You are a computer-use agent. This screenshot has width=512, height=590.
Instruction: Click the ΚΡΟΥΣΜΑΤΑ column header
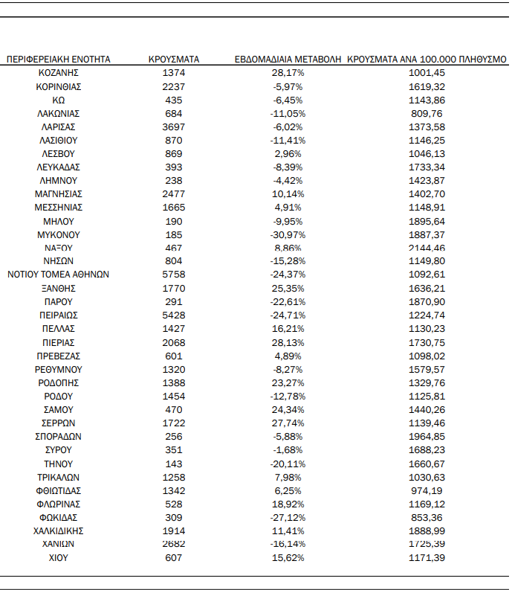[x=173, y=59]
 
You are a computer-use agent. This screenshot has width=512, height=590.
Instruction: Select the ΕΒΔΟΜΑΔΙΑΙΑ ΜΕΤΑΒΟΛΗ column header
[x=288, y=59]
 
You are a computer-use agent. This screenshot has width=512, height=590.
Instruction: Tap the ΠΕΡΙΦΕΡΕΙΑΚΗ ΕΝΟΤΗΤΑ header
[x=59, y=59]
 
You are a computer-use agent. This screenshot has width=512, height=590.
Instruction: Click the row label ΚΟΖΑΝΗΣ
[x=59, y=73]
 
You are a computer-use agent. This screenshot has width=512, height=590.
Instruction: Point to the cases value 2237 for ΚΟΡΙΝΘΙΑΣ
[x=173, y=86]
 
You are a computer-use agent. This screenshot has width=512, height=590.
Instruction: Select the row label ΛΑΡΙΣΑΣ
[x=59, y=126]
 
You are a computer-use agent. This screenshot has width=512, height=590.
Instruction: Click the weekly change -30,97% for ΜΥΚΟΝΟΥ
[x=288, y=234]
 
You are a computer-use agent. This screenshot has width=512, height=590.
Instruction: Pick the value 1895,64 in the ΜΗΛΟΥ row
[x=427, y=221]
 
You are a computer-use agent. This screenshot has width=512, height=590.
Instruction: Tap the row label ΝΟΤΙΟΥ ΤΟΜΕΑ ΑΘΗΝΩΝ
[x=59, y=275]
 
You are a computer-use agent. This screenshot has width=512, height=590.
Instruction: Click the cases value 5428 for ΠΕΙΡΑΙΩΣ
[x=173, y=315]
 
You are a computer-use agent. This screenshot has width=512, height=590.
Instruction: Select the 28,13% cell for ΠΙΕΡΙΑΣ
[x=288, y=342]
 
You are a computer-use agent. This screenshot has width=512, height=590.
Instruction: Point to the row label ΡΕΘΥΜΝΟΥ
[x=59, y=369]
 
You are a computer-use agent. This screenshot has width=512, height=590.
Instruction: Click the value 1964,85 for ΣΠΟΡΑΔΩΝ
[x=427, y=437]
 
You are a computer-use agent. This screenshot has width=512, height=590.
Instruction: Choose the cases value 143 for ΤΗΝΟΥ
[x=173, y=464]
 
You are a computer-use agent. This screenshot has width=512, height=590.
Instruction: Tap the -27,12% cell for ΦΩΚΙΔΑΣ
[x=288, y=517]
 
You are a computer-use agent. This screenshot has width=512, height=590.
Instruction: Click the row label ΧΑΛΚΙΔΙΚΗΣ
[x=59, y=530]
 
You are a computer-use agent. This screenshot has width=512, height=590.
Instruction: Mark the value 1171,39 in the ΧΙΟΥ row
[x=427, y=558]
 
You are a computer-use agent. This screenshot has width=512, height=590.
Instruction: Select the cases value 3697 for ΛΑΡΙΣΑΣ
[x=173, y=126]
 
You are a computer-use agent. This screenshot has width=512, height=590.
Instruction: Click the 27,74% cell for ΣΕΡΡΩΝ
[x=288, y=423]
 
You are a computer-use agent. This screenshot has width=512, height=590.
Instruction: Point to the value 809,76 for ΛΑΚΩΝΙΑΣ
[x=427, y=113]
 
